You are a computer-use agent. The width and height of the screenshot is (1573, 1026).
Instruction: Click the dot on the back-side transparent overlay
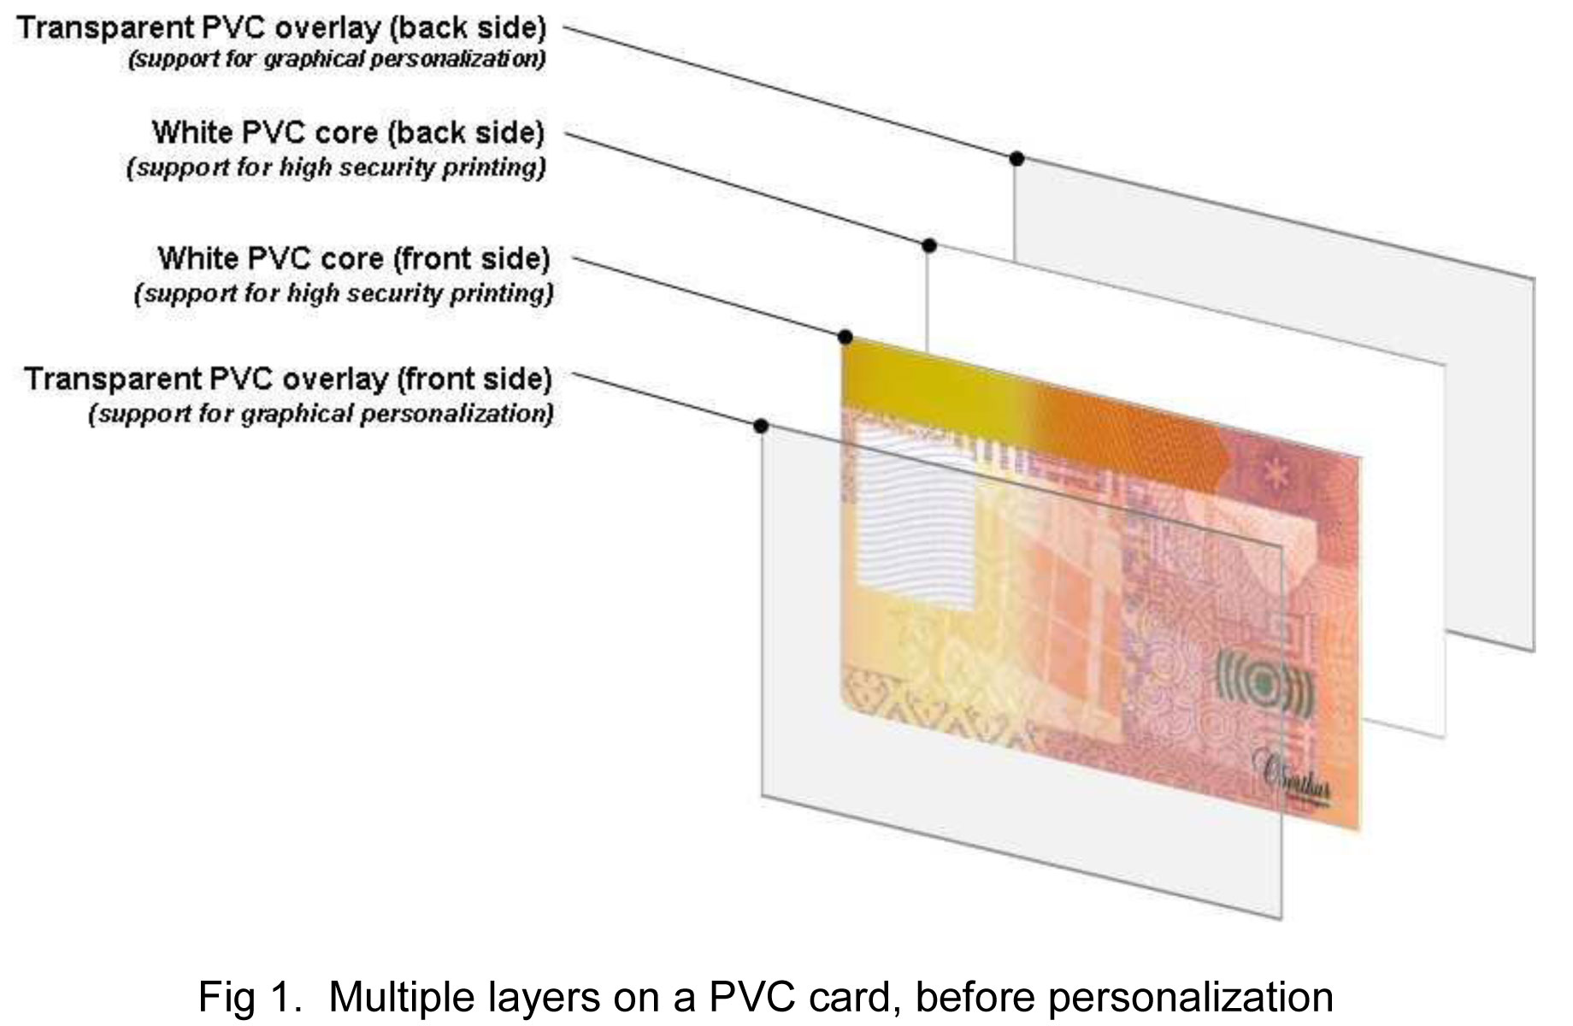pos(1016,158)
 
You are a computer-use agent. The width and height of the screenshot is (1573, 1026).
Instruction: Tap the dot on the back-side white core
pos(929,245)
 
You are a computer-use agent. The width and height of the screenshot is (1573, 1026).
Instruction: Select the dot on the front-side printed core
pos(845,336)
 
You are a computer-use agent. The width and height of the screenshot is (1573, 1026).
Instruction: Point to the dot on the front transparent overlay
pos(761,425)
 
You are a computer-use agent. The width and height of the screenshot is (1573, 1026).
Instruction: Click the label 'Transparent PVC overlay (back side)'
pos(281,28)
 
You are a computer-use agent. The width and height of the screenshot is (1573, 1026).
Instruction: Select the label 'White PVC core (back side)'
pos(348,133)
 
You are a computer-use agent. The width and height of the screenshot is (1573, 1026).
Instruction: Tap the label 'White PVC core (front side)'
pos(353,258)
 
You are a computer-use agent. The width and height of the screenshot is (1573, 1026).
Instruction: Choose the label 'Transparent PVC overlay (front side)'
pos(288,378)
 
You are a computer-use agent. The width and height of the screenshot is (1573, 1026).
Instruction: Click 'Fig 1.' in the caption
pos(250,997)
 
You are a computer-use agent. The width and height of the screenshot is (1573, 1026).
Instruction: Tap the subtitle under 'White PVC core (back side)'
pos(336,167)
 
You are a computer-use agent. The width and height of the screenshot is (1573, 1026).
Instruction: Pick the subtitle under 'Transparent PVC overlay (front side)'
pos(321,415)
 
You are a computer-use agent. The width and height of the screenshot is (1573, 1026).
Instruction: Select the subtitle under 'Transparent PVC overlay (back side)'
pos(336,61)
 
